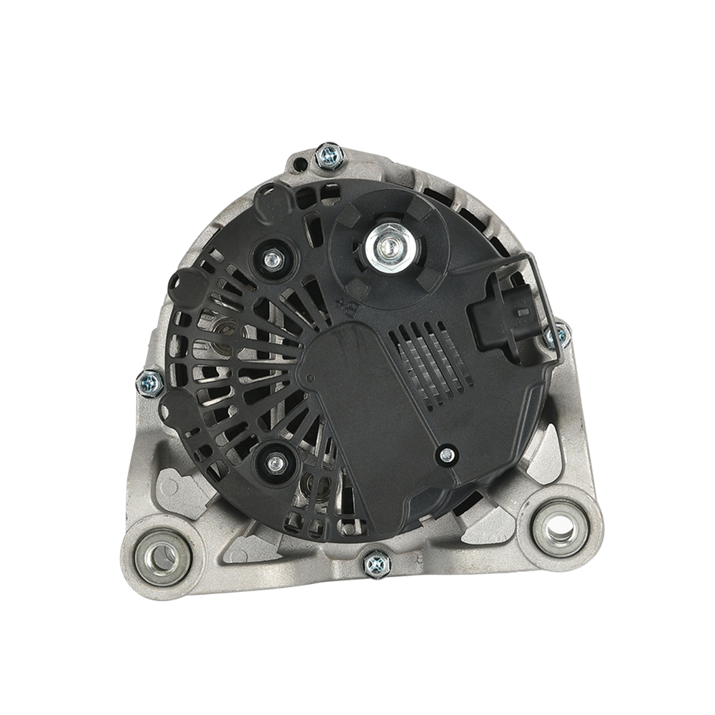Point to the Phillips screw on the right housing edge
point(557,336)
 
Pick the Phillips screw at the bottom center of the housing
point(376,565)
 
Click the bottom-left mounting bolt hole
point(162,557)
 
